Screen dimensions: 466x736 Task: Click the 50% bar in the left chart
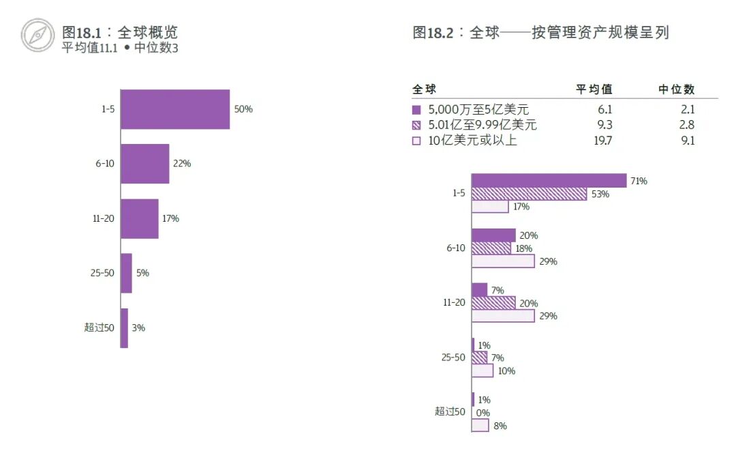[175, 109]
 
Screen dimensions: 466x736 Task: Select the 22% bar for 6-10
[144, 164]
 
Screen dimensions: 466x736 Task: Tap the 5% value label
[142, 273]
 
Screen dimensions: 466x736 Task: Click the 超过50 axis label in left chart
[99, 327]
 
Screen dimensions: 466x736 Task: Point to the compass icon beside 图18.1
[37, 35]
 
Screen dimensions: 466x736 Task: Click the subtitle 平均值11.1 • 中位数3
[120, 48]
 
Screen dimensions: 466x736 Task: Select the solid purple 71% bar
[549, 181]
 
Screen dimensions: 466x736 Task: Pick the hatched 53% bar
[529, 194]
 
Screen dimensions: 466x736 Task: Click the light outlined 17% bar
[490, 207]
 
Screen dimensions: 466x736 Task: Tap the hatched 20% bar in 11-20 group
[493, 303]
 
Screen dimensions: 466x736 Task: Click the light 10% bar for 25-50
[482, 370]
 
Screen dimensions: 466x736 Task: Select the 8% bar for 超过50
[480, 425]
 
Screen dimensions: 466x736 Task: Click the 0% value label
[483, 413]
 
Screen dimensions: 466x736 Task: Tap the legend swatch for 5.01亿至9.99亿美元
[416, 126]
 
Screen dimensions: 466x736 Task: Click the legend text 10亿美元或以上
[473, 141]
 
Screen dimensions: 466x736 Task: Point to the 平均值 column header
[594, 89]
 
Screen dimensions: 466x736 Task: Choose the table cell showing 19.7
[602, 141]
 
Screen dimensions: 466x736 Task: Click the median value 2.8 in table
[686, 126]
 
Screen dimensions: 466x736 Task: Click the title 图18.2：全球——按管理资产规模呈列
[540, 33]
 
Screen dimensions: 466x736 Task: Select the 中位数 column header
[676, 89]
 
